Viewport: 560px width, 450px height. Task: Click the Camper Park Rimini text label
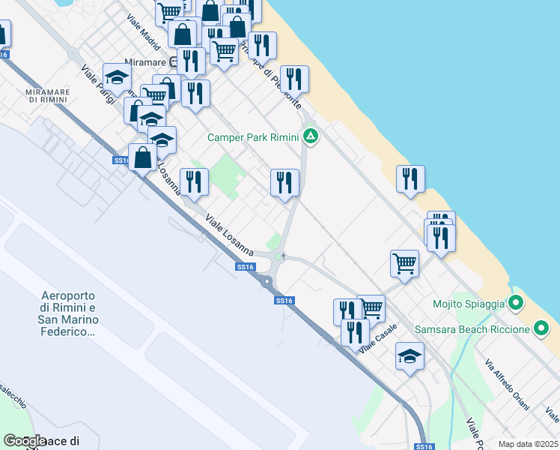coord(253,137)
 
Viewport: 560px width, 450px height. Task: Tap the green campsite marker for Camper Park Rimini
coord(311,136)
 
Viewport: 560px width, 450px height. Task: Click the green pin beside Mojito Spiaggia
coord(515,304)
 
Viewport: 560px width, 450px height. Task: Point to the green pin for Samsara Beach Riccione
coord(541,328)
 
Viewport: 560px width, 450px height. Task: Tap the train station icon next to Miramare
coord(172,62)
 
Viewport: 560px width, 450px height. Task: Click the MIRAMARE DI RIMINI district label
coord(48,95)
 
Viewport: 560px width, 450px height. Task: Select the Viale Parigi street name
coord(98,83)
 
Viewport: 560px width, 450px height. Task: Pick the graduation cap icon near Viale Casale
coord(410,356)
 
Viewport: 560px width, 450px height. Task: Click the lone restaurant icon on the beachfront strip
coord(410,179)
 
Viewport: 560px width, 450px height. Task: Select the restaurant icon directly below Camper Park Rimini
coord(284,183)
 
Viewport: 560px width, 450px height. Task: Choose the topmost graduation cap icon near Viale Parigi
coord(118,76)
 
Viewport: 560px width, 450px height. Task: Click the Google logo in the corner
coord(24,442)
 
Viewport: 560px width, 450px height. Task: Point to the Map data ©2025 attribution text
coord(528,444)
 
